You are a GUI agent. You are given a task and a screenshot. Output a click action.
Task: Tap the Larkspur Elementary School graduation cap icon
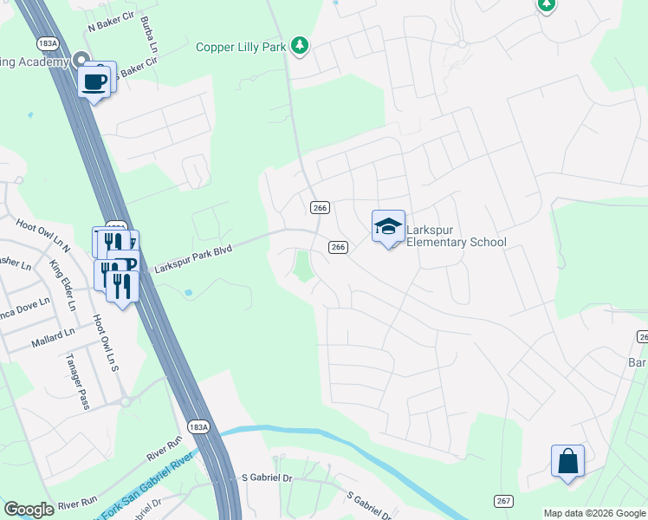(388, 227)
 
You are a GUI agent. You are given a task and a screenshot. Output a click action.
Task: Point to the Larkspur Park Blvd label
(195, 258)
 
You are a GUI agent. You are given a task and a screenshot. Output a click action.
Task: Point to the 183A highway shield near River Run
(198, 426)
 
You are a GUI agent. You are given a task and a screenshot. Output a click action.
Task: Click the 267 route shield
(503, 501)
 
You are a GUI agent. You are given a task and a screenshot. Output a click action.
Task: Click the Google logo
(29, 510)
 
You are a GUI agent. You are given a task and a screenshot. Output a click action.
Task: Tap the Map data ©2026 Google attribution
(594, 513)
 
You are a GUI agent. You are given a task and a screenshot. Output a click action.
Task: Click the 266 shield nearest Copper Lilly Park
(319, 207)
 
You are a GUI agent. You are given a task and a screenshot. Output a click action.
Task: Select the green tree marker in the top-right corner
(546, 5)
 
